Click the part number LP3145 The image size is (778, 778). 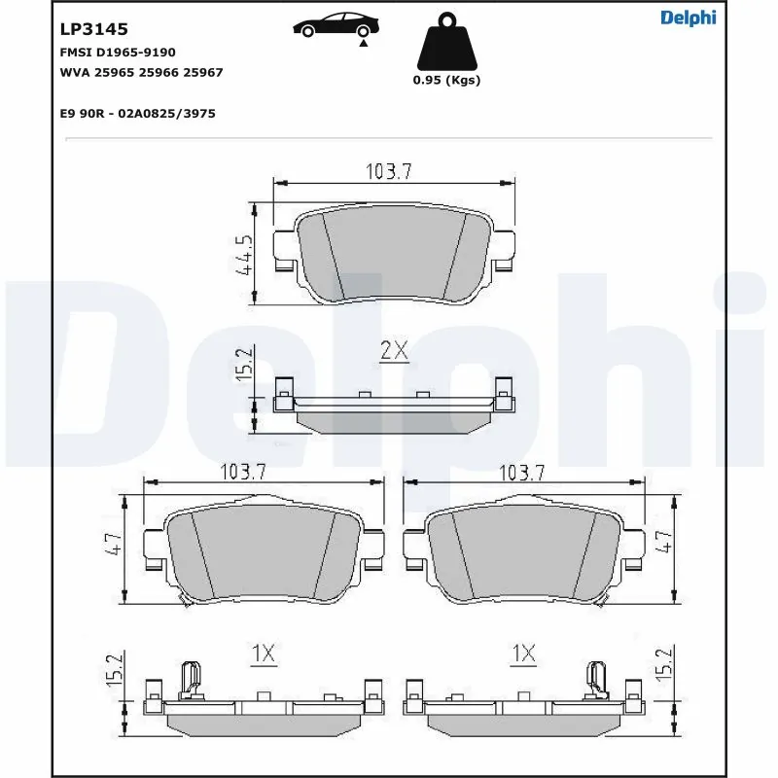pos(94,30)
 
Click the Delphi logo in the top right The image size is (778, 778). pos(688,18)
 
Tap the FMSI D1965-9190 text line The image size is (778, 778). pos(118,52)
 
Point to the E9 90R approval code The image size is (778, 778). pos(137,114)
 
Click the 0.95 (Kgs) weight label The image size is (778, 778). pos(446,81)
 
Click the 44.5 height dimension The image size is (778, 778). pos(243,255)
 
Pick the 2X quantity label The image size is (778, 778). pos(394,352)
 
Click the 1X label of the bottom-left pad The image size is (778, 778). pos(263,655)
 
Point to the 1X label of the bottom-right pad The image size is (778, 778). pos(524,655)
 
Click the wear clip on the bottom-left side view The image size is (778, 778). pos(191,678)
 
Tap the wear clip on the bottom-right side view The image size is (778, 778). pos(596,678)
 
